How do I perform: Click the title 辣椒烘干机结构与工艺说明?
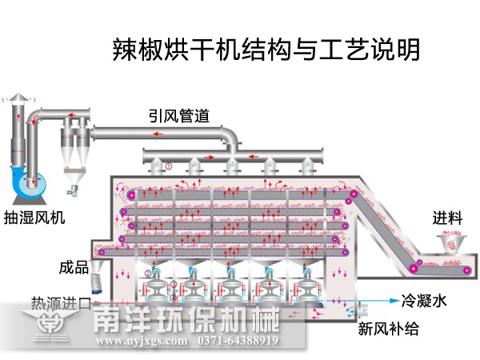[x=265, y=50]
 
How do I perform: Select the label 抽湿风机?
[x=34, y=217]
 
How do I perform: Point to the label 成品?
[x=73, y=266]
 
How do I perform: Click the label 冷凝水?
[x=421, y=302]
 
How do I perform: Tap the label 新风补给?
[x=387, y=328]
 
